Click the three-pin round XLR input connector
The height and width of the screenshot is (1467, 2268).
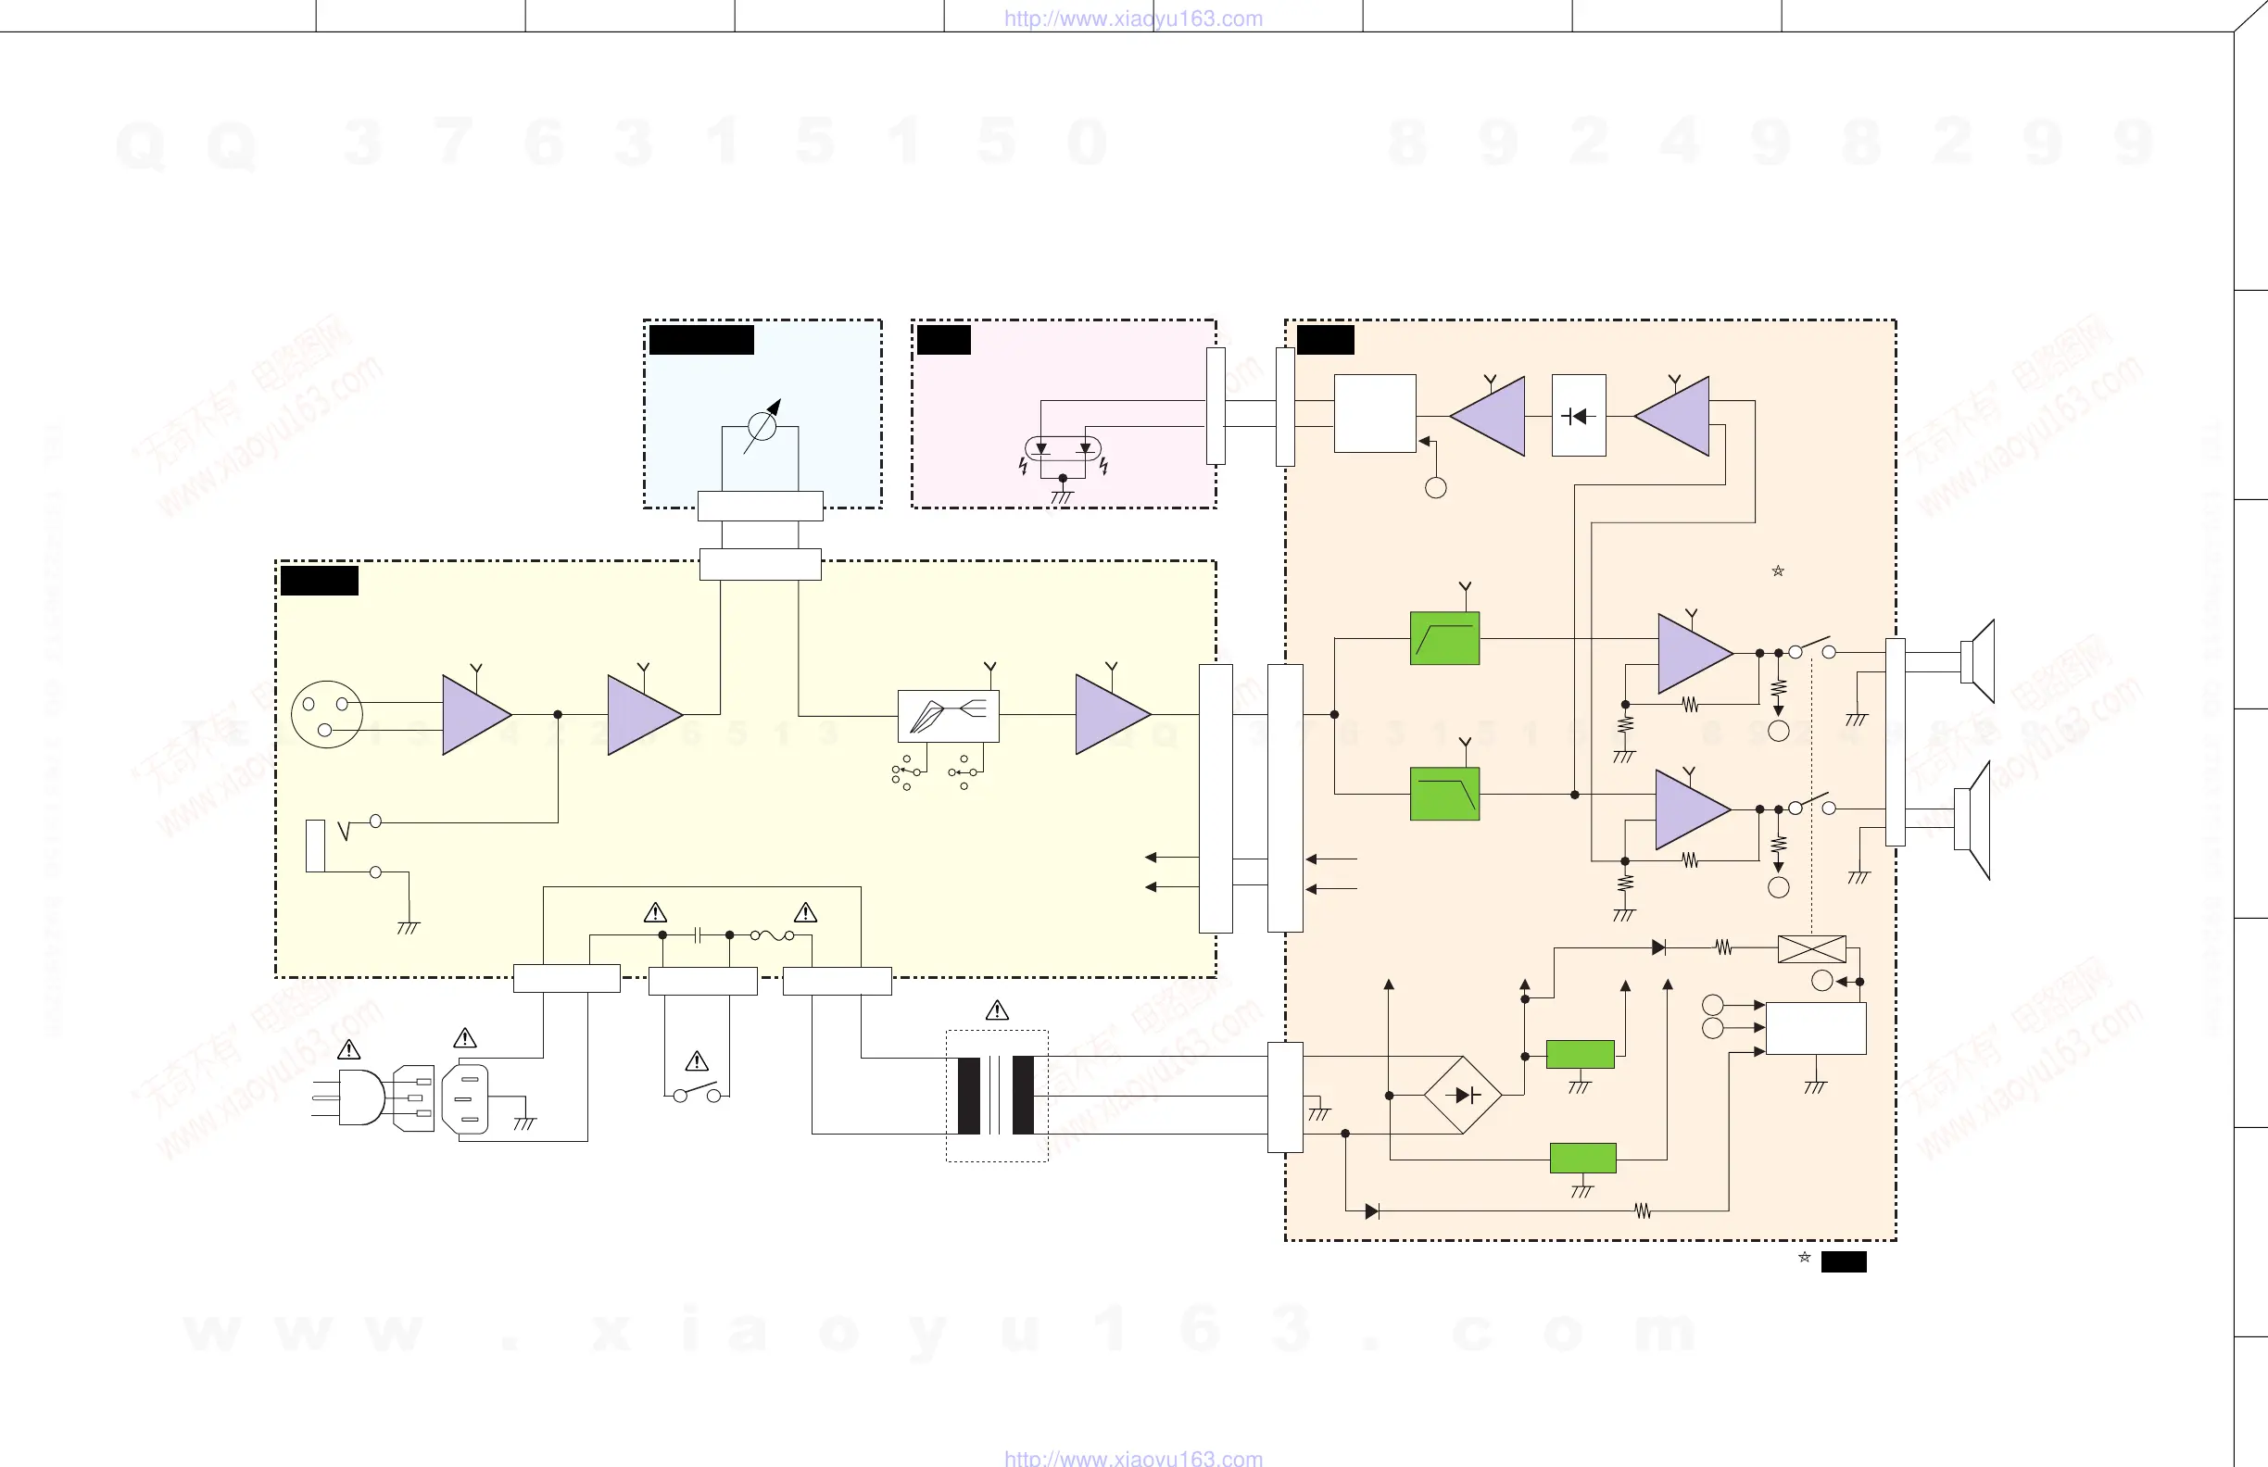click(326, 713)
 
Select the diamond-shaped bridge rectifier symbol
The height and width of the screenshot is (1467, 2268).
click(1462, 1095)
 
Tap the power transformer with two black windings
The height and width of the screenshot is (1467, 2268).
click(996, 1095)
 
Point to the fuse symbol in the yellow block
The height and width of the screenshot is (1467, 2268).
click(772, 935)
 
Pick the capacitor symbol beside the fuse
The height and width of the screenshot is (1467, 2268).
click(698, 935)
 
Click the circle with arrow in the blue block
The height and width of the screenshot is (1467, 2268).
click(762, 425)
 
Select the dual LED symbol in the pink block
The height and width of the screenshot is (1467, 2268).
click(1063, 447)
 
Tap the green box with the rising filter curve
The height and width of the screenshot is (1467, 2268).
click(1444, 638)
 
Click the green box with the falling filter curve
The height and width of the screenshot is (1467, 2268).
click(1444, 794)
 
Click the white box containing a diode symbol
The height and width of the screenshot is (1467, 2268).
click(1578, 415)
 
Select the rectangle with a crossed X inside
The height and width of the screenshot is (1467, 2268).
click(1811, 948)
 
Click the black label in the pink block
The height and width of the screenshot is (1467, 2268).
click(943, 340)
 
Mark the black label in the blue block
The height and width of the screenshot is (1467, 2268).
click(701, 340)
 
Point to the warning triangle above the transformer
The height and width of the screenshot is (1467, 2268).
click(997, 1010)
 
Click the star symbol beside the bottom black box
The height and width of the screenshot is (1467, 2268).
click(1804, 1258)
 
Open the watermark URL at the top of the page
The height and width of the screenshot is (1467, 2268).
click(1133, 19)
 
